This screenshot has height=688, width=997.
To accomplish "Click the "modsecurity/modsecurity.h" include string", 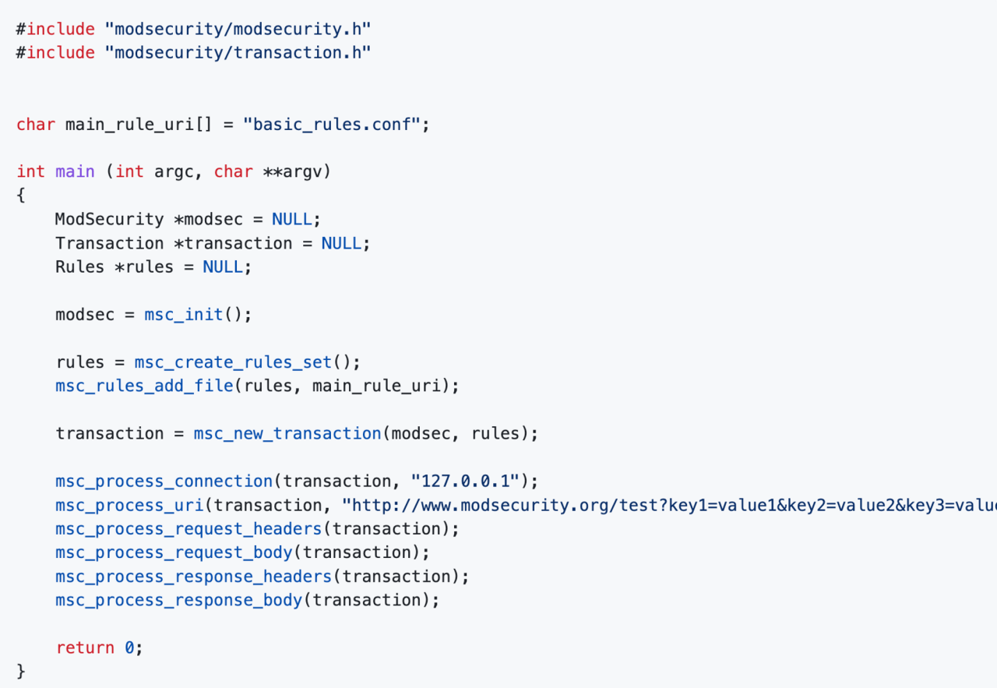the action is pyautogui.click(x=238, y=30).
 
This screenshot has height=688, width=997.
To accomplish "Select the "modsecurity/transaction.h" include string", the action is pyautogui.click(x=238, y=53).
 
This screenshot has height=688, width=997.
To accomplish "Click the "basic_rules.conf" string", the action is pyautogui.click(x=332, y=125).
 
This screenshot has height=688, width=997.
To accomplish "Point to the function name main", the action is pyautogui.click(x=75, y=172).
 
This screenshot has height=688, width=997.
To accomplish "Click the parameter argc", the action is pyautogui.click(x=174, y=172).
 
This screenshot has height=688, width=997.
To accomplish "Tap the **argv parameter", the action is pyautogui.click(x=292, y=172).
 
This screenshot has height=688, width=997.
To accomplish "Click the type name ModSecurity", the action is pyautogui.click(x=110, y=220).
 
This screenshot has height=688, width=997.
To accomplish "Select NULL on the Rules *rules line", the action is pyautogui.click(x=223, y=267).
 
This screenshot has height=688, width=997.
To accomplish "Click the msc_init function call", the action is pyautogui.click(x=183, y=315).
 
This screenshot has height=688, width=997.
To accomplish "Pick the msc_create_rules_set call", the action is pyautogui.click(x=233, y=362).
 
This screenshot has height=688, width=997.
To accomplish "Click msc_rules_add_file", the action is pyautogui.click(x=144, y=386).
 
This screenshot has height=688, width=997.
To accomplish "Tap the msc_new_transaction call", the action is pyautogui.click(x=287, y=434).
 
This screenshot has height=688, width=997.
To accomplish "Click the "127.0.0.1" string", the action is pyautogui.click(x=465, y=482).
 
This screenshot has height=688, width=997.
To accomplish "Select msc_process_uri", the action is pyautogui.click(x=129, y=506).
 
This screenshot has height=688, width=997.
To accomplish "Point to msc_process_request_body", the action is pyautogui.click(x=174, y=553).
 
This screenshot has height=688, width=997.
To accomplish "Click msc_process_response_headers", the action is pyautogui.click(x=194, y=577).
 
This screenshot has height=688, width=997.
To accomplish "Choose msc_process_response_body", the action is pyautogui.click(x=179, y=601).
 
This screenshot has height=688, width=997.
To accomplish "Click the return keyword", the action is pyautogui.click(x=85, y=648).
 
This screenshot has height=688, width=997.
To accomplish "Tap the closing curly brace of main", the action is pyautogui.click(x=21, y=672).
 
